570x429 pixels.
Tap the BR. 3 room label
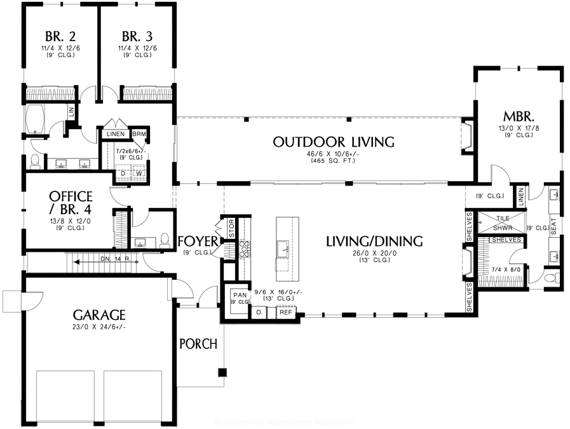pyautogui.click(x=137, y=36)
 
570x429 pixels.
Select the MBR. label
pyautogui.click(x=518, y=117)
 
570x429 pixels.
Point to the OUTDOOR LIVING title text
pyautogui.click(x=334, y=142)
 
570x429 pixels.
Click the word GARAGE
pyautogui.click(x=98, y=315)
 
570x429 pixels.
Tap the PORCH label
pyautogui.click(x=198, y=344)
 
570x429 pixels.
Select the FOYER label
pyautogui.click(x=199, y=241)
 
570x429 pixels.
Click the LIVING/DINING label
pyautogui.click(x=374, y=242)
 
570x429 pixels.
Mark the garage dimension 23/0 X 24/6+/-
pyautogui.click(x=98, y=327)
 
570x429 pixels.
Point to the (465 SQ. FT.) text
pyautogui.click(x=334, y=161)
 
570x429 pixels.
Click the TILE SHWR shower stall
pyautogui.click(x=502, y=222)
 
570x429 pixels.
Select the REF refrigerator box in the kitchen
pyautogui.click(x=286, y=313)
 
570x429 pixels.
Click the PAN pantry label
pyautogui.click(x=240, y=296)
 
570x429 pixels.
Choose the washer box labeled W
pyautogui.click(x=138, y=174)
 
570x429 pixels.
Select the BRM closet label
pyautogui.click(x=139, y=134)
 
